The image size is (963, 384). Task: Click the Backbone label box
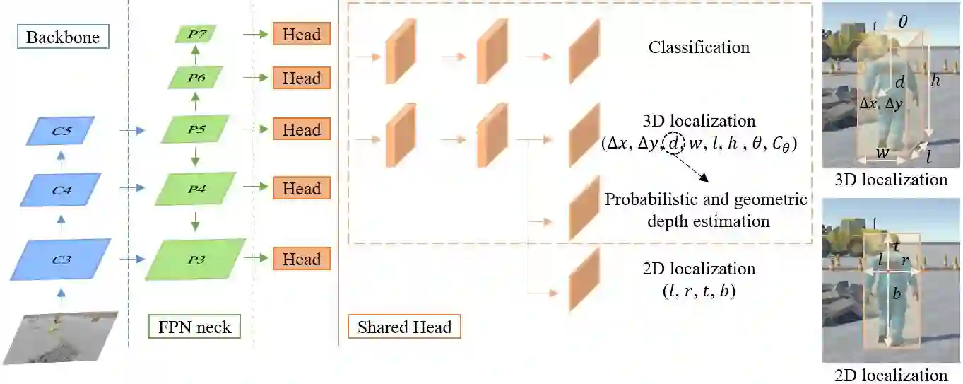62,37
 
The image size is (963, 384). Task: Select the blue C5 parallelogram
62,130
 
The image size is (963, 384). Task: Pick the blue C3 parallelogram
62,260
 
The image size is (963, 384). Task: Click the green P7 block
195,34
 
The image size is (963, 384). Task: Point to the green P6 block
196,78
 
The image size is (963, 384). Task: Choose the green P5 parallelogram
196,130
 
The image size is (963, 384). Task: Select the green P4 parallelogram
196,189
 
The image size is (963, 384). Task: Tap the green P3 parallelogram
196,260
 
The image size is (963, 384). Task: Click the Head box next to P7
302,34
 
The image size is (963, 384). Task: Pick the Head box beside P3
302,259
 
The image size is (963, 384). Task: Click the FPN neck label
194,327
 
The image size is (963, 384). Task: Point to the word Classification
699,48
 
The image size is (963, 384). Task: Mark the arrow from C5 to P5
131,130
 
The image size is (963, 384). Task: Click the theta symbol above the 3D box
903,22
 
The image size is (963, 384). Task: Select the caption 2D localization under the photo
891,375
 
